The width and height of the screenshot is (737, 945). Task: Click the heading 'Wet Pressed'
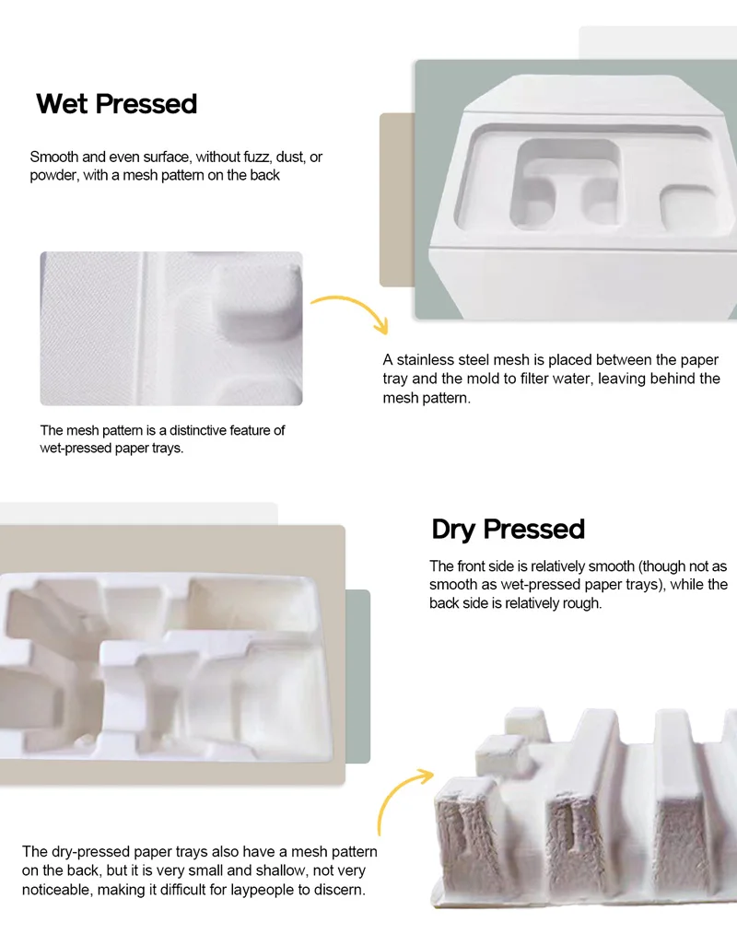point(117,104)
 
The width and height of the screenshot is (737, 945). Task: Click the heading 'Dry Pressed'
point(508,530)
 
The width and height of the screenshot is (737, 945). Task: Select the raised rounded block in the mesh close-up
point(258,304)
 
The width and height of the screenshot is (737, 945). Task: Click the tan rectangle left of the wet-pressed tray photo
point(396,199)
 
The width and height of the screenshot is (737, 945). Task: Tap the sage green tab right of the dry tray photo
point(357,676)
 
